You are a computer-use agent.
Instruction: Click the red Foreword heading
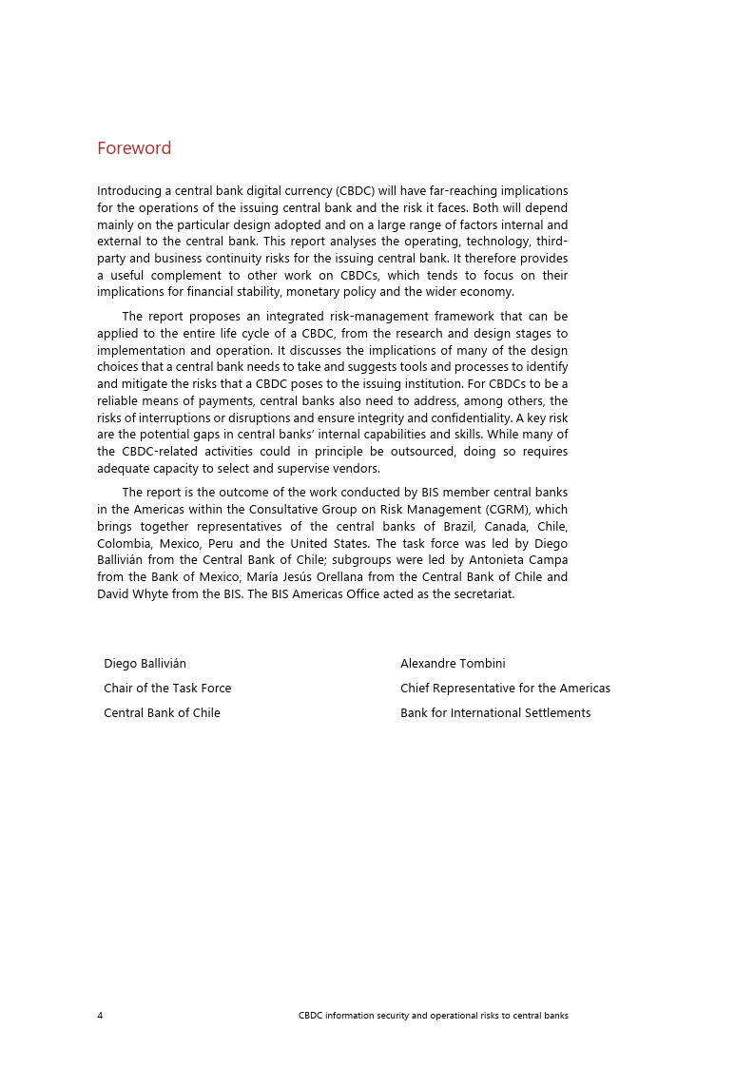[x=134, y=148]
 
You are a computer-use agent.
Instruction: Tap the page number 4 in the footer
[x=100, y=1015]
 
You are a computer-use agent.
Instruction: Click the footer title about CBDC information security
[x=433, y=1015]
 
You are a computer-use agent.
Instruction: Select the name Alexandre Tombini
[x=453, y=663]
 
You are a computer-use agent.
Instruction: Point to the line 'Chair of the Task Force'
[x=167, y=688]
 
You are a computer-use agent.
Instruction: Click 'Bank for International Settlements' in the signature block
[x=494, y=712]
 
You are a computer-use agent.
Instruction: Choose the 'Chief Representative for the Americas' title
[x=505, y=688]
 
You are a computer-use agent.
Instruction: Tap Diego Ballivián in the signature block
[x=145, y=663]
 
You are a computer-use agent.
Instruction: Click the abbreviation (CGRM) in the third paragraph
[x=502, y=510]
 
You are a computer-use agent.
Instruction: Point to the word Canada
[x=507, y=527]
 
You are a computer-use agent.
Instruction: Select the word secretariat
[x=483, y=594]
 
